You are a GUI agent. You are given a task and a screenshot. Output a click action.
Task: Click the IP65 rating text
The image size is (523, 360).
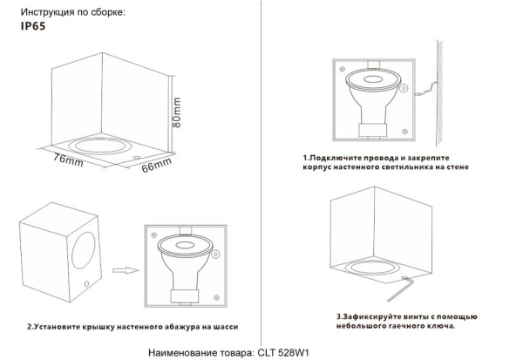click(32, 28)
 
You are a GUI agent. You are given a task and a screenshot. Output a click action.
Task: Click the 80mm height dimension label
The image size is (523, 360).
click(178, 112)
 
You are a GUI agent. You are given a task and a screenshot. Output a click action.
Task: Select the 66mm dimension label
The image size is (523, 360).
click(157, 166)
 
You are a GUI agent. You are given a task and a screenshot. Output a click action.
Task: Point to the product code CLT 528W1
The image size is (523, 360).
click(284, 351)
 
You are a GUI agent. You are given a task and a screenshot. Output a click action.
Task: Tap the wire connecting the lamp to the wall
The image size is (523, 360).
click(425, 86)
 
